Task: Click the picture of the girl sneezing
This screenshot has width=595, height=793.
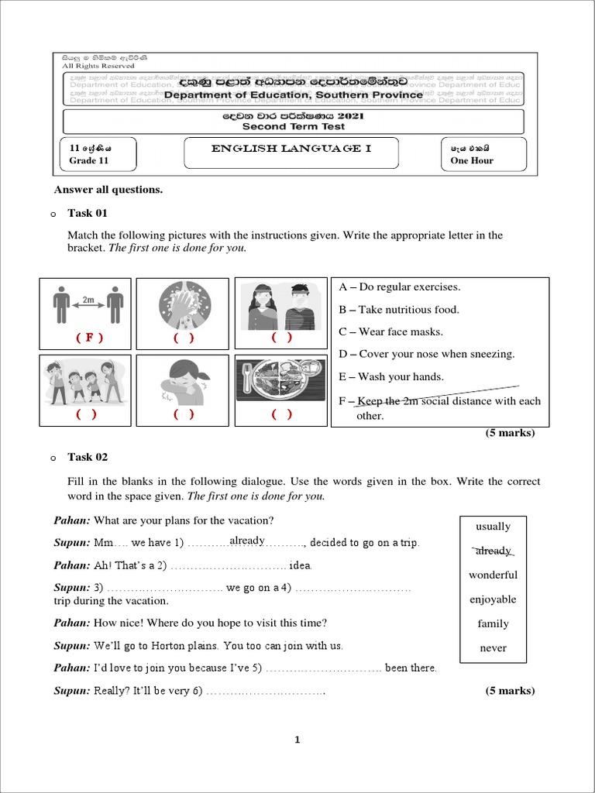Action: [184, 382]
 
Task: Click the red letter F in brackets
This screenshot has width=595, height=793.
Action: [89, 338]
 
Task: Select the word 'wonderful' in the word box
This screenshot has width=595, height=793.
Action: [493, 575]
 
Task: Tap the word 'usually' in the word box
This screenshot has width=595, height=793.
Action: [493, 527]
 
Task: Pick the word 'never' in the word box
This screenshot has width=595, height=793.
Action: [493, 648]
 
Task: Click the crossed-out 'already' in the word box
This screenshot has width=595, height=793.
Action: [493, 551]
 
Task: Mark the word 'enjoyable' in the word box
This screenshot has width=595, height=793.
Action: [493, 599]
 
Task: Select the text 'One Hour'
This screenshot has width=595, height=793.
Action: [472, 161]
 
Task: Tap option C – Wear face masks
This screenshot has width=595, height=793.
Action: [391, 331]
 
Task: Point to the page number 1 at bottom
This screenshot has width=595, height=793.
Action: [297, 740]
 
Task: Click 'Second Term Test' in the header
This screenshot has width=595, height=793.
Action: [292, 126]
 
